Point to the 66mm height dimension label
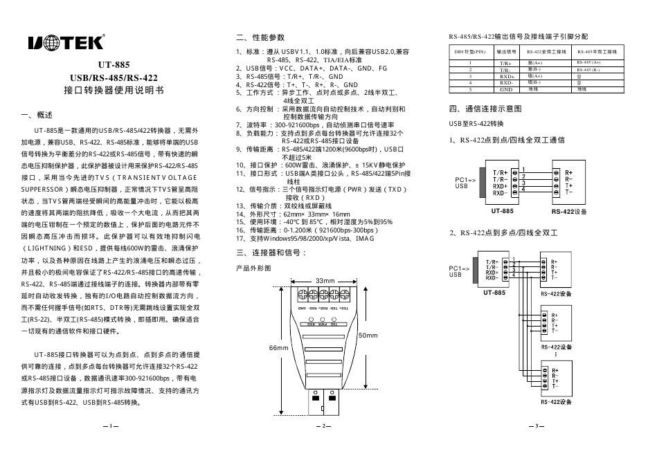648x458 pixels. click(x=278, y=347)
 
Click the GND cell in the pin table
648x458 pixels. click(x=505, y=89)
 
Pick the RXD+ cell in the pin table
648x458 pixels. click(x=505, y=76)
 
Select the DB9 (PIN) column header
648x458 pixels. click(x=470, y=51)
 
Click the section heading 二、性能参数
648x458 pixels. click(x=260, y=37)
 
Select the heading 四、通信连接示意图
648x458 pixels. click(x=485, y=109)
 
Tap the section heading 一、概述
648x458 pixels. click(x=37, y=114)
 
